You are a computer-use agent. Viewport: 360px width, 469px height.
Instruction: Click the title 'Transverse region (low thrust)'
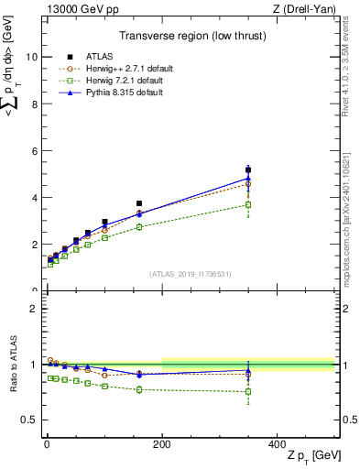tap(188, 38)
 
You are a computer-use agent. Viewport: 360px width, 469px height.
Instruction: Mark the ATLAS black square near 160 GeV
tap(139, 203)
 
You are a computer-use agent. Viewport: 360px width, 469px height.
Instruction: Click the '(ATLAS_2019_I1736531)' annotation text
tap(190, 274)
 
